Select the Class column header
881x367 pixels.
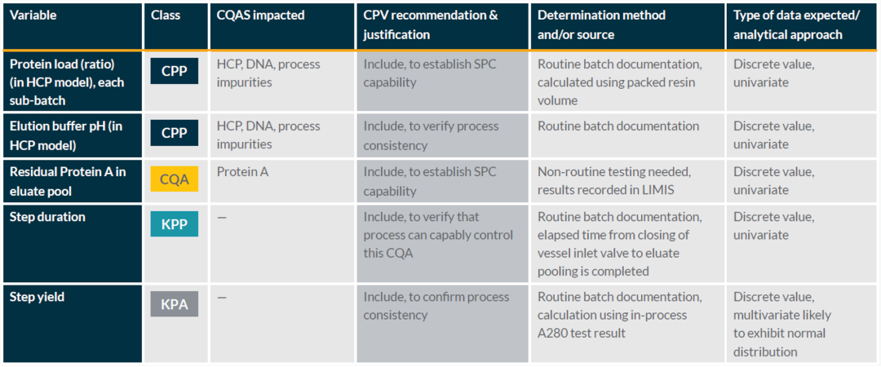(166, 15)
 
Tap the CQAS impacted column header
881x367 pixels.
(261, 15)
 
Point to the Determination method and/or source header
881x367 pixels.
(601, 24)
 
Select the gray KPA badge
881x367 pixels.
(175, 304)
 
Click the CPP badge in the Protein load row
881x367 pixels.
(175, 72)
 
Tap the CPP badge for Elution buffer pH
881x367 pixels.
(175, 134)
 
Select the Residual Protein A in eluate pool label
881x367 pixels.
(68, 181)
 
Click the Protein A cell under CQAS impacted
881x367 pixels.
(243, 172)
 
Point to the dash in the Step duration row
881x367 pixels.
(222, 217)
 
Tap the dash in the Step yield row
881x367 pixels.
(222, 298)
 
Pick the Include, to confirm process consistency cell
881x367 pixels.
(436, 306)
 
